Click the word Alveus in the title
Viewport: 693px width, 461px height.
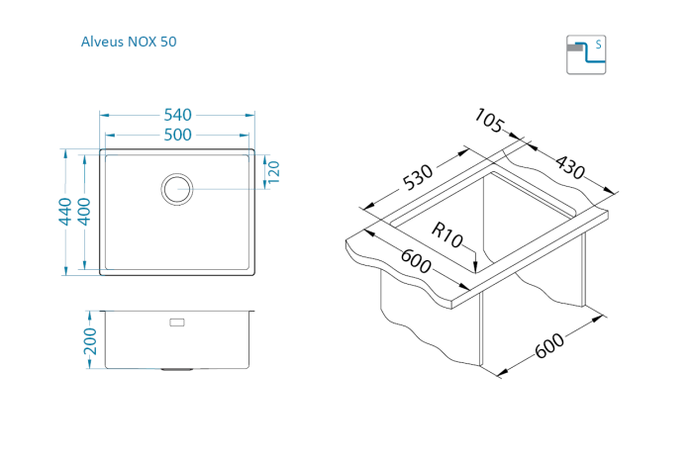coord(103,43)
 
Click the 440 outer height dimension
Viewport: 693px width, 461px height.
coord(63,211)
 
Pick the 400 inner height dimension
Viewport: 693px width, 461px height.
coord(84,211)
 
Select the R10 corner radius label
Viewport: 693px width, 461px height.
coord(447,237)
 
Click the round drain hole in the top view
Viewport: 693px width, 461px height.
coord(177,187)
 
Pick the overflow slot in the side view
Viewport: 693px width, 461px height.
coord(177,323)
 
